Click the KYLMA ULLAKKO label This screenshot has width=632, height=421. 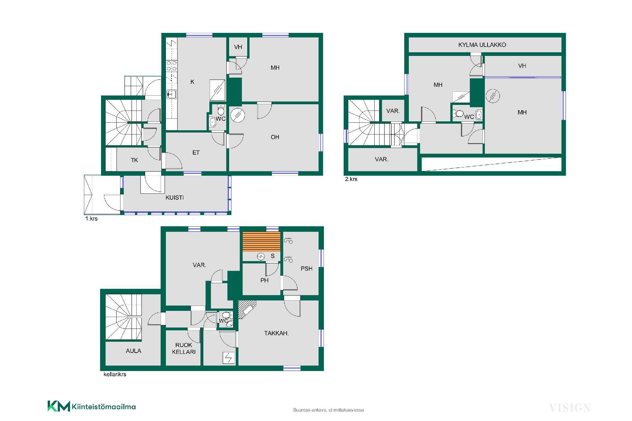click(x=482, y=45)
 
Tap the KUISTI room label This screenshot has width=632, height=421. click(x=174, y=197)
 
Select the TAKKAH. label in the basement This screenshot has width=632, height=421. click(x=276, y=333)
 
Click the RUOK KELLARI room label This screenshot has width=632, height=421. click(x=184, y=348)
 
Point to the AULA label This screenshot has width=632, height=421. click(x=133, y=351)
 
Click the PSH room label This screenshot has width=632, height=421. click(x=306, y=268)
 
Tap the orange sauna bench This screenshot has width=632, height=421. click(x=261, y=242)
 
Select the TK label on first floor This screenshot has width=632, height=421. click(x=134, y=160)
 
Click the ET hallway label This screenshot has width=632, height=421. click(x=196, y=153)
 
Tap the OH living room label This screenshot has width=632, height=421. click(x=275, y=137)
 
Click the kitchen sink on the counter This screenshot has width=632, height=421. click(x=171, y=94)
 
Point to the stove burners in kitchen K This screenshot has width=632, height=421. click(x=171, y=66)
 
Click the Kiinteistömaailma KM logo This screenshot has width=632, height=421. click(x=92, y=406)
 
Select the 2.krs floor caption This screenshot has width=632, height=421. click(x=351, y=179)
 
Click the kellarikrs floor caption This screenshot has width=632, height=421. click(x=115, y=374)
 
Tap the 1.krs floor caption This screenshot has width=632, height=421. click(x=91, y=218)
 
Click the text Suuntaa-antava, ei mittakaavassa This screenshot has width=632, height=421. click(x=328, y=410)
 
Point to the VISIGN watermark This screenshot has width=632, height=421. click(x=570, y=408)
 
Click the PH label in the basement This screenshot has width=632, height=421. click(x=264, y=280)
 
